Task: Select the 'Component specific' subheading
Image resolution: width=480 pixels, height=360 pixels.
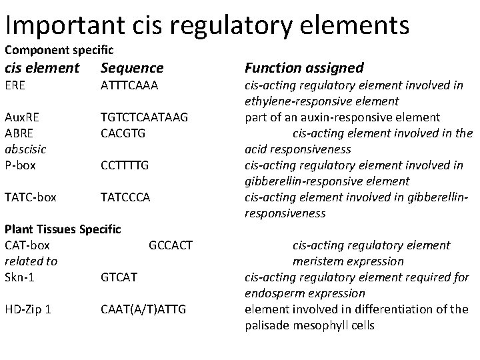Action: pyautogui.click(x=59, y=50)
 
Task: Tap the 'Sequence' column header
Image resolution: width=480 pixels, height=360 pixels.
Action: pyautogui.click(x=131, y=68)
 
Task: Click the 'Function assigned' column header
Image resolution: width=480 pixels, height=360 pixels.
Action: pyautogui.click(x=304, y=68)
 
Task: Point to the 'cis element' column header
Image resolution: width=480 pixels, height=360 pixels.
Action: pyautogui.click(x=42, y=68)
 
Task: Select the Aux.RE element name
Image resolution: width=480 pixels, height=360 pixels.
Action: pyautogui.click(x=23, y=117)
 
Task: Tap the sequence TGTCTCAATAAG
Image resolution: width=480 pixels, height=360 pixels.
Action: pyautogui.click(x=145, y=117)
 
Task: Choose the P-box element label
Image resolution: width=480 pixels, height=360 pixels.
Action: pyautogui.click(x=21, y=164)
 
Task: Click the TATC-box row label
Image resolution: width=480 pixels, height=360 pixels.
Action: pyautogui.click(x=31, y=197)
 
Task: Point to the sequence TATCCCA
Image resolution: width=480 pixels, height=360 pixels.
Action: pyautogui.click(x=125, y=197)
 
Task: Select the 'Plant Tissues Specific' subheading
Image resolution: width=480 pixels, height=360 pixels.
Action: pyautogui.click(x=63, y=229)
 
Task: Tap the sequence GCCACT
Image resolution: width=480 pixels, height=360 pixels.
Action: pyautogui.click(x=171, y=245)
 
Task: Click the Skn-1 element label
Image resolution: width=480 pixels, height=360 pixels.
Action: pyautogui.click(x=19, y=277)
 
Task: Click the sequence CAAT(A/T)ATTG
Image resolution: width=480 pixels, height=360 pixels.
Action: pyautogui.click(x=143, y=309)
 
